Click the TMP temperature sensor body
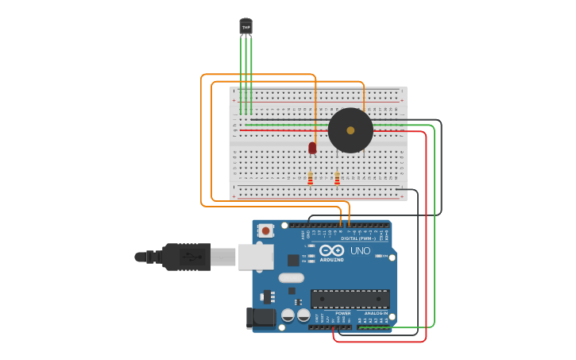[245, 26]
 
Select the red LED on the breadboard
[312, 148]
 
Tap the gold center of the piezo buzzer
[350, 130]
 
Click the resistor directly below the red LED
[310, 179]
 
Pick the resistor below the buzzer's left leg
[337, 179]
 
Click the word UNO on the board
[361, 251]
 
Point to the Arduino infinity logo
[331, 251]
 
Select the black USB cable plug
[187, 257]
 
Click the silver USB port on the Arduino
[256, 257]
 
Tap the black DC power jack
[261, 319]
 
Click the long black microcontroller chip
[350, 299]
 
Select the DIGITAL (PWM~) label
[359, 238]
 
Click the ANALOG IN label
[376, 313]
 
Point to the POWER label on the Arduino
[342, 313]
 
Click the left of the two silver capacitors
[288, 315]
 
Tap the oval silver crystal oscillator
[291, 277]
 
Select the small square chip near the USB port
[293, 260]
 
